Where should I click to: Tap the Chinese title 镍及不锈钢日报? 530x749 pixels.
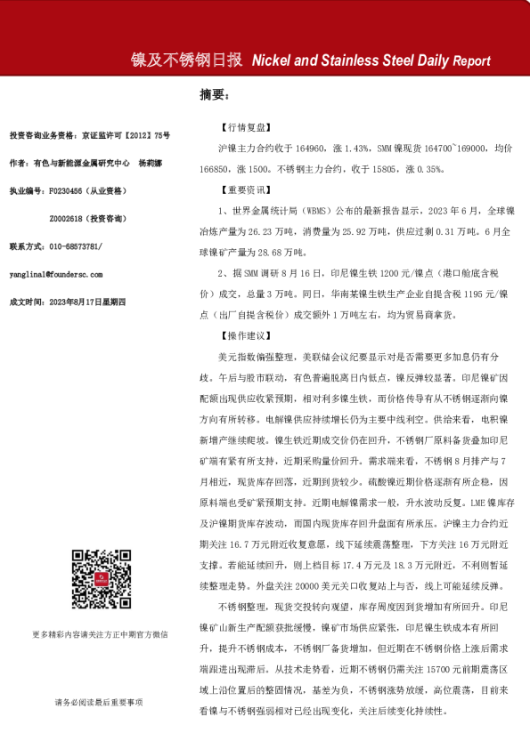[x=186, y=60]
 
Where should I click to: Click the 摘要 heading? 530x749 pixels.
[x=214, y=95]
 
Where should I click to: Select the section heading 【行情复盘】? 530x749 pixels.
[x=238, y=128]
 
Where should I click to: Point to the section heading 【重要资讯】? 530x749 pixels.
[x=238, y=190]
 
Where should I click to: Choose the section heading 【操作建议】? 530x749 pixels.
[x=238, y=336]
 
